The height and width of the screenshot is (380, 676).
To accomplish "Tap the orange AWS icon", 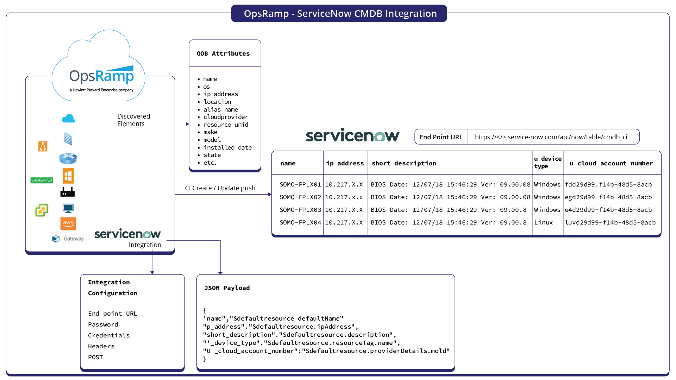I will (68, 223).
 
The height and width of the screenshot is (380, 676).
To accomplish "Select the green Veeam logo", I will (42, 180).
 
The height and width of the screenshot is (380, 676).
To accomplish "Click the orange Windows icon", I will (68, 176).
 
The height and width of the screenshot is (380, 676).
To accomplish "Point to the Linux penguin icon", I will (43, 146).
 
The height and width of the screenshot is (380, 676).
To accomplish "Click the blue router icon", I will (68, 158).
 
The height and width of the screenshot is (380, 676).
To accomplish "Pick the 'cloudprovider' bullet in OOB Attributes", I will (226, 117).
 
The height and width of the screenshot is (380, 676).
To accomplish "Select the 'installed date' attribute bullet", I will (227, 147).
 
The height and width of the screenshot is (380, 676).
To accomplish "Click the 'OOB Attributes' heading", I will (223, 53).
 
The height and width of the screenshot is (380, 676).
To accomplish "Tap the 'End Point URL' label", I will (441, 137).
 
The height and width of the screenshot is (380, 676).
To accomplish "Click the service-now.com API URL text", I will (551, 137).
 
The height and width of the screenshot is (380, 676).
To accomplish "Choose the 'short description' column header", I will (404, 163).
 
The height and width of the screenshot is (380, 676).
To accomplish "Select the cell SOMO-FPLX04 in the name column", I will (300, 222).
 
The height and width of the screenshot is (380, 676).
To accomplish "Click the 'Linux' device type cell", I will (543, 222).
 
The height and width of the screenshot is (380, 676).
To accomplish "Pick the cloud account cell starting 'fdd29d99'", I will (608, 184).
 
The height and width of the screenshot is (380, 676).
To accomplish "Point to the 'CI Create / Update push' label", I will (220, 188).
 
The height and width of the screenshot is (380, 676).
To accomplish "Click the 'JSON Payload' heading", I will (227, 288).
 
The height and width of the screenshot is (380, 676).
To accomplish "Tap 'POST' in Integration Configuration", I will (95, 357).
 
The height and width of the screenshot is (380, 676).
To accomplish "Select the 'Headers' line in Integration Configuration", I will (101, 346).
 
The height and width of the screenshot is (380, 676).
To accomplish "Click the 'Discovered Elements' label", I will (133, 120).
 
